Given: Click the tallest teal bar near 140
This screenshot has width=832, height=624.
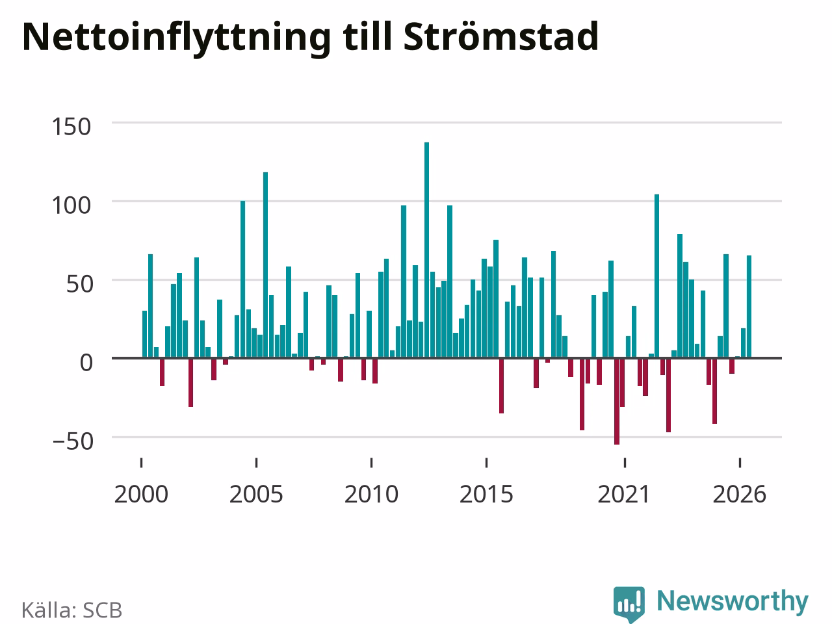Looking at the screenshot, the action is [x=426, y=250].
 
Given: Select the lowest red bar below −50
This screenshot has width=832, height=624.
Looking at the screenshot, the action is [x=617, y=401].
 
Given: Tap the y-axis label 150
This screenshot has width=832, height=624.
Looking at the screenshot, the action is [x=71, y=127].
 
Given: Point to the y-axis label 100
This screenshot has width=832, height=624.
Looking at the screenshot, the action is [x=71, y=206].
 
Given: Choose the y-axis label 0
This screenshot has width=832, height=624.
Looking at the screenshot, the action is [x=86, y=363].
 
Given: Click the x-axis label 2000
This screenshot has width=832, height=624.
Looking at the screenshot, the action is [x=141, y=495].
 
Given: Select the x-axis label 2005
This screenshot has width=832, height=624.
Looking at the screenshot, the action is [x=256, y=495].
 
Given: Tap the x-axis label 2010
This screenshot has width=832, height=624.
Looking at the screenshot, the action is [x=371, y=495].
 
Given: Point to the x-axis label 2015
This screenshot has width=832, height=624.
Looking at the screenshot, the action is [x=486, y=495].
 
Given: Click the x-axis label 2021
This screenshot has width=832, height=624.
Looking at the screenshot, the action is [x=624, y=495].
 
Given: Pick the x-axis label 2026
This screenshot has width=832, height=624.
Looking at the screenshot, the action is [x=740, y=495].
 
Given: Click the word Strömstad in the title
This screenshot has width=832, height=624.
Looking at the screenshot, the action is [x=500, y=36].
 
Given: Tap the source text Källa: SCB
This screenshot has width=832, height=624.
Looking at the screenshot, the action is [x=71, y=610].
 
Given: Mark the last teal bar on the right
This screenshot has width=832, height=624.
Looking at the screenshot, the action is [x=749, y=307].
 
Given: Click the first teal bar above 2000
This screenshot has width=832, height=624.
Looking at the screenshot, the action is [x=144, y=335].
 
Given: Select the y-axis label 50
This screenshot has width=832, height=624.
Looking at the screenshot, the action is [x=79, y=284].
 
